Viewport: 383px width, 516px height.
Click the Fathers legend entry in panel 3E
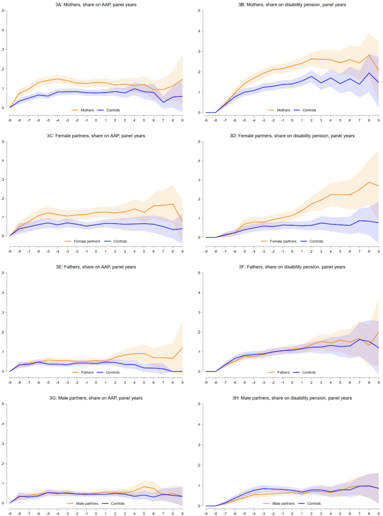[84, 372]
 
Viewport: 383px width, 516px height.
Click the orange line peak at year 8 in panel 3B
[368, 55]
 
